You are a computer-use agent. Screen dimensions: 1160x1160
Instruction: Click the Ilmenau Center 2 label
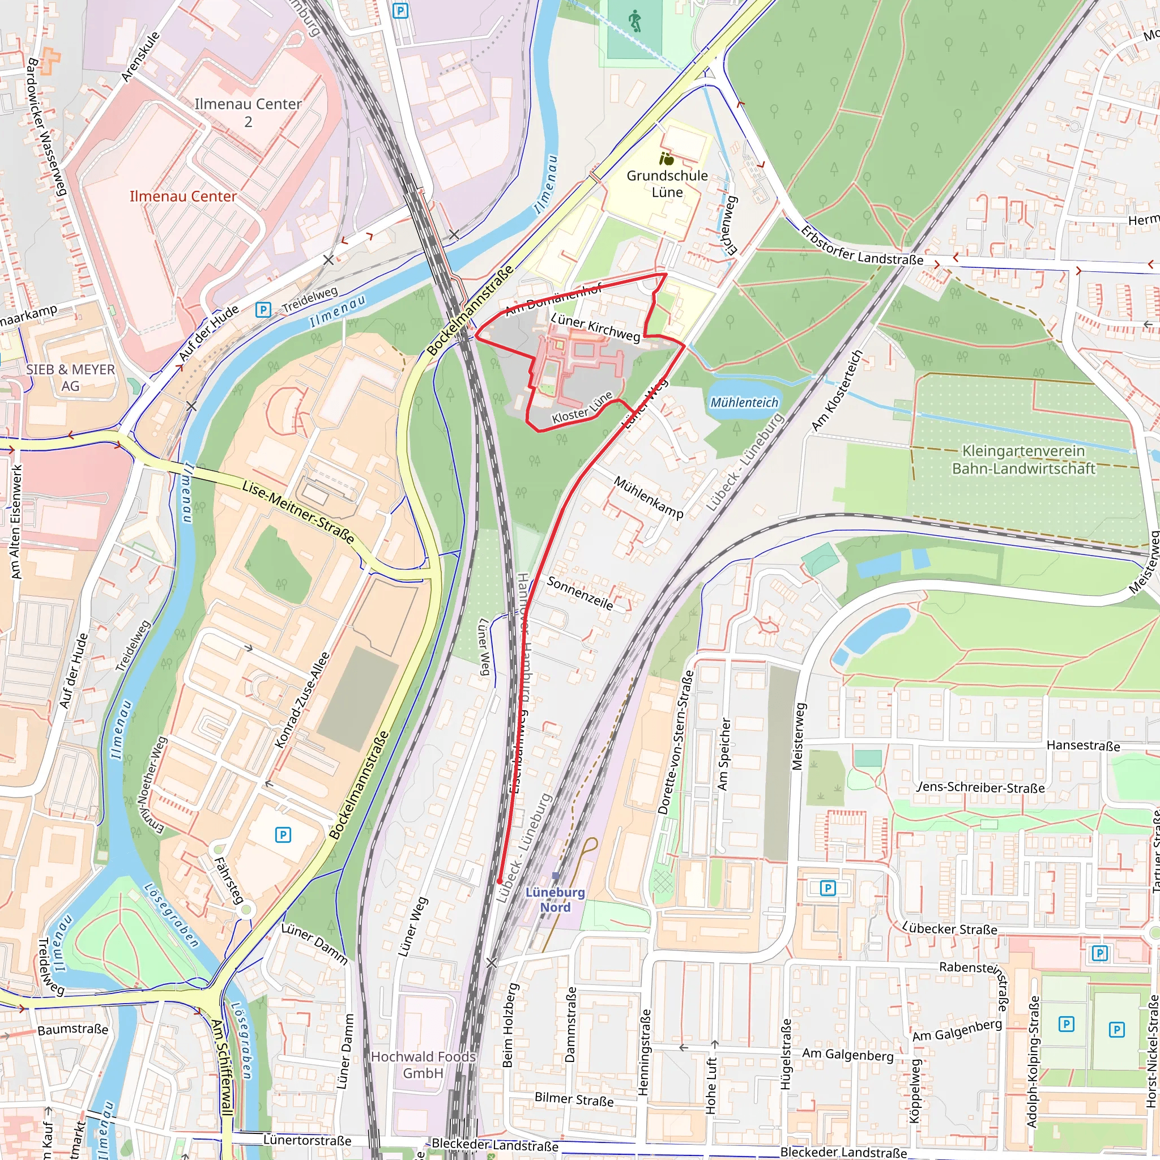248,112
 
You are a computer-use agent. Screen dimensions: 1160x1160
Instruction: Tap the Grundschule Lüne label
667,184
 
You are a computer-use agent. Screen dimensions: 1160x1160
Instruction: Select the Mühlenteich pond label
744,402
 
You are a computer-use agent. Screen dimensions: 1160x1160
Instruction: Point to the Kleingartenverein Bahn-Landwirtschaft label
1023,459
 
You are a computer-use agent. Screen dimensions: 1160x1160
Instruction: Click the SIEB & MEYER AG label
70,378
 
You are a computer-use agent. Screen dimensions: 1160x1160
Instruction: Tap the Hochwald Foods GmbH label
423,1064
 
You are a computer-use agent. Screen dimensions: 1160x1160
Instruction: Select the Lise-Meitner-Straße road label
298,512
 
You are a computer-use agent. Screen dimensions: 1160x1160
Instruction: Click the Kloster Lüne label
582,408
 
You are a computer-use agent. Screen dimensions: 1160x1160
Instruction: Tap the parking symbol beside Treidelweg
263,310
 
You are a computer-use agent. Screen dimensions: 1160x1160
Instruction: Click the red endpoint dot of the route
500,881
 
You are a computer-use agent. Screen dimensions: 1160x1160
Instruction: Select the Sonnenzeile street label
580,593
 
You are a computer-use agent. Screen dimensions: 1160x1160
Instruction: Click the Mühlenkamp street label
649,497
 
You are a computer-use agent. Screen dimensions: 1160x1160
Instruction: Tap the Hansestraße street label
1083,745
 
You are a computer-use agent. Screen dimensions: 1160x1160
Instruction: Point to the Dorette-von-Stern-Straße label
676,742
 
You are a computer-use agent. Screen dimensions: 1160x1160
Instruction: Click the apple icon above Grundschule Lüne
667,159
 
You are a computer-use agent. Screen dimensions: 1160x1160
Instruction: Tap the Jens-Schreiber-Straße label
981,787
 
